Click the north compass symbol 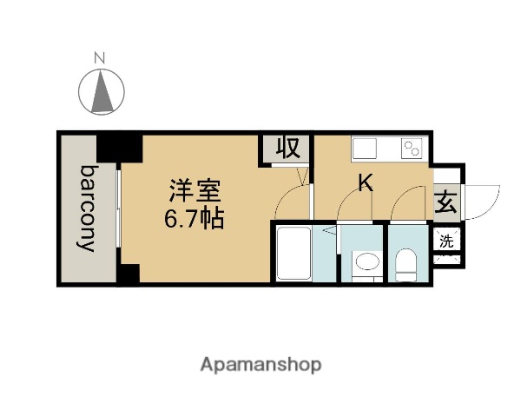point(102,89)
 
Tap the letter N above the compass point(100,59)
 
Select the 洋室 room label point(193,189)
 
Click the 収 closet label point(287,149)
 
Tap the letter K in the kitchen point(367,182)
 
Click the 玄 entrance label point(445,204)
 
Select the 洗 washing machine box point(445,242)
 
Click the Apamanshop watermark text point(261,364)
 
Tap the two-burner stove point(412,149)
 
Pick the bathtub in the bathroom point(293,253)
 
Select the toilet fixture point(406,262)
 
